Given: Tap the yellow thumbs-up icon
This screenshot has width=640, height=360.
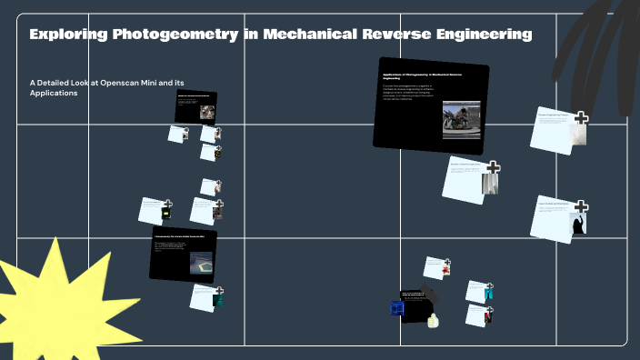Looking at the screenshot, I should [x=434, y=319].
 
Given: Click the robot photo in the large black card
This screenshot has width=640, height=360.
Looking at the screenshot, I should [x=461, y=118].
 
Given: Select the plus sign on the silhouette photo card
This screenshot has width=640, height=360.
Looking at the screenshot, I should [x=581, y=207].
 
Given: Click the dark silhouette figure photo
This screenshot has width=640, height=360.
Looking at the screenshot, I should [x=576, y=224].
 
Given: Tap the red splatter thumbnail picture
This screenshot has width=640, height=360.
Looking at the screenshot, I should [x=445, y=269].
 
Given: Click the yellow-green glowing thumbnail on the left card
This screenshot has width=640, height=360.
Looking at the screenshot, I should [x=165, y=214].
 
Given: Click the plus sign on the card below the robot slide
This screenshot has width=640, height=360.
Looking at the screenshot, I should [x=493, y=167].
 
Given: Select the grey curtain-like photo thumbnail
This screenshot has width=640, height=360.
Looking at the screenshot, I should [x=490, y=184].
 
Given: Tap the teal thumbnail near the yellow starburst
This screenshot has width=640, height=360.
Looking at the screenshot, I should [x=217, y=300].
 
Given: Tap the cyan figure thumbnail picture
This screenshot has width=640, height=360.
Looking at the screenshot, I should [x=488, y=293].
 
